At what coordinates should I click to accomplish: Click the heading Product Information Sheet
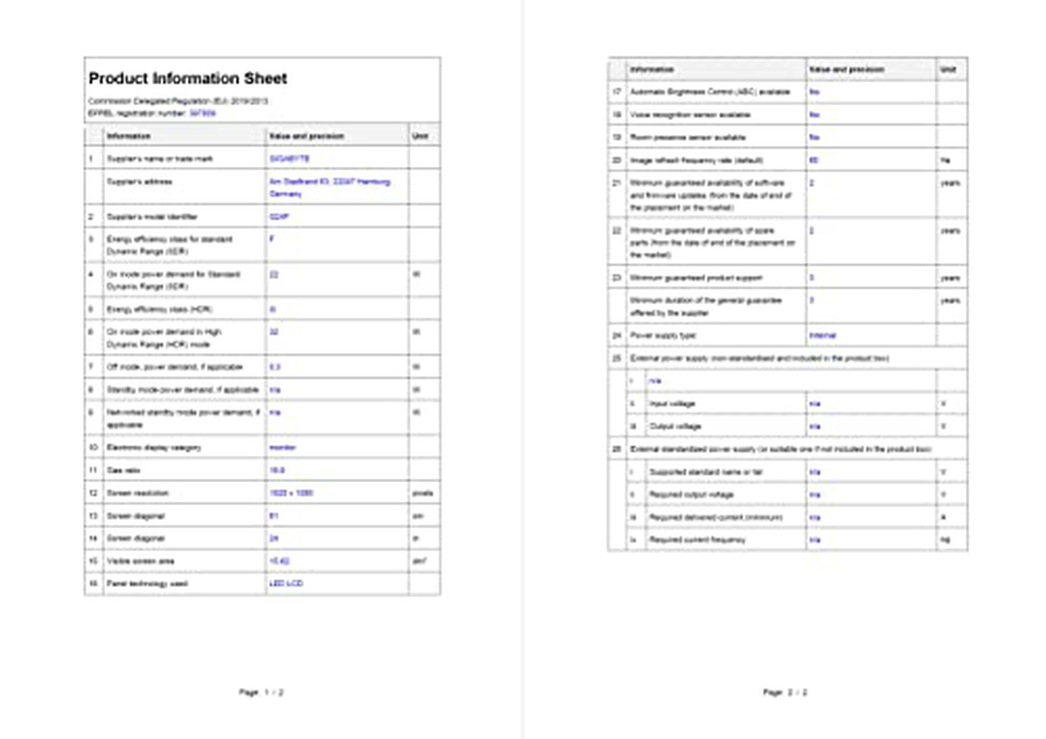pos(188,79)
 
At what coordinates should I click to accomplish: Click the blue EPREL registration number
pos(203,113)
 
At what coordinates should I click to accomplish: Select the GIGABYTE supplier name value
pos(289,159)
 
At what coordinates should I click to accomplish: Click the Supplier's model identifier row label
pos(152,217)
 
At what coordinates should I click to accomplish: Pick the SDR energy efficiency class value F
pos(272,239)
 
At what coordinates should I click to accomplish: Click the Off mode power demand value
pos(275,367)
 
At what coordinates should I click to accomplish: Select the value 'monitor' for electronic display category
pos(283,448)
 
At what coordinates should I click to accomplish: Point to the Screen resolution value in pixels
pos(291,493)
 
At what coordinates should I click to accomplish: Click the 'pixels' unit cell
pos(422,493)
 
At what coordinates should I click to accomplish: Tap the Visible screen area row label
pos(140,561)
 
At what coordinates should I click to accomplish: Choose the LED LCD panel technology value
pos(286,584)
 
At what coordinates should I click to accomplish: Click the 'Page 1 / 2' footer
pos(261,692)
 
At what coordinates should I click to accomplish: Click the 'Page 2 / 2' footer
pos(785,692)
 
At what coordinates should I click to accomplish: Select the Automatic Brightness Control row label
pos(709,92)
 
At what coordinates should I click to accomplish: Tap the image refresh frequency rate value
pos(814,160)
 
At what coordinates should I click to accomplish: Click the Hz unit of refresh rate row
pos(945,160)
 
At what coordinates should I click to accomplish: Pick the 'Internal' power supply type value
pos(823,336)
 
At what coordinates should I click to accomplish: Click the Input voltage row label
pos(672,404)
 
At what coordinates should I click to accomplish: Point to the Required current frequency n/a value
pos(815,540)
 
